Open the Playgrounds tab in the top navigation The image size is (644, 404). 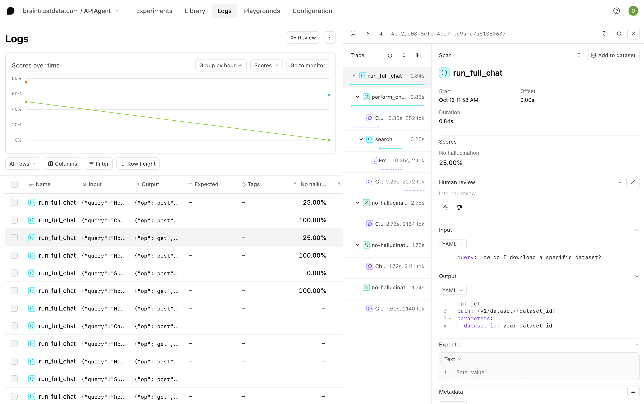tap(262, 11)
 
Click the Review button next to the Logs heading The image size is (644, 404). tap(303, 38)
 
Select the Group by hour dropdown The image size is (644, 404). tap(220, 65)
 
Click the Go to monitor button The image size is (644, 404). tap(307, 65)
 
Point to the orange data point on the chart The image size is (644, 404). tap(26, 82)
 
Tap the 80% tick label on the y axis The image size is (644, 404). tap(17, 78)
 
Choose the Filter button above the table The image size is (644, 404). tap(99, 164)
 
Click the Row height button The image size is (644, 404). tap(138, 164)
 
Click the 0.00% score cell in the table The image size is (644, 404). tap(316, 273)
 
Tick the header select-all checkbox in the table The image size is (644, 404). tap(14, 184)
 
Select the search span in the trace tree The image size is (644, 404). tap(383, 139)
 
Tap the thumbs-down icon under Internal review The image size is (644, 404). tap(459, 208)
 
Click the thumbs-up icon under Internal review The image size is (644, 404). tap(445, 208)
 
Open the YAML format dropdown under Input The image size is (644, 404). tap(452, 244)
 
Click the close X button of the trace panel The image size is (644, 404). tap(633, 34)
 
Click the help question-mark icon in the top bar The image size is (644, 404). tap(616, 11)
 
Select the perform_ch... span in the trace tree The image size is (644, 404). tap(388, 97)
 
